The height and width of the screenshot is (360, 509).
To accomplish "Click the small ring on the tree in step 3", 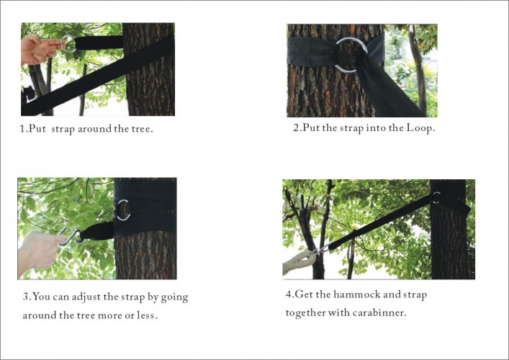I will point(123,210).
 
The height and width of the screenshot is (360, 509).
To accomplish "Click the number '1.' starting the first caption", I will point(23,129).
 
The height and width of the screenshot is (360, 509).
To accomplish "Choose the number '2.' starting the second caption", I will point(297,127).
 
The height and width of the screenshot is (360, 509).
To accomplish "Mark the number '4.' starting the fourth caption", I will point(289,295).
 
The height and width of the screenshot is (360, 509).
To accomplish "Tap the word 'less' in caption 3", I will point(149,315).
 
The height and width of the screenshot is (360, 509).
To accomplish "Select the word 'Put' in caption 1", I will point(37,129).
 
